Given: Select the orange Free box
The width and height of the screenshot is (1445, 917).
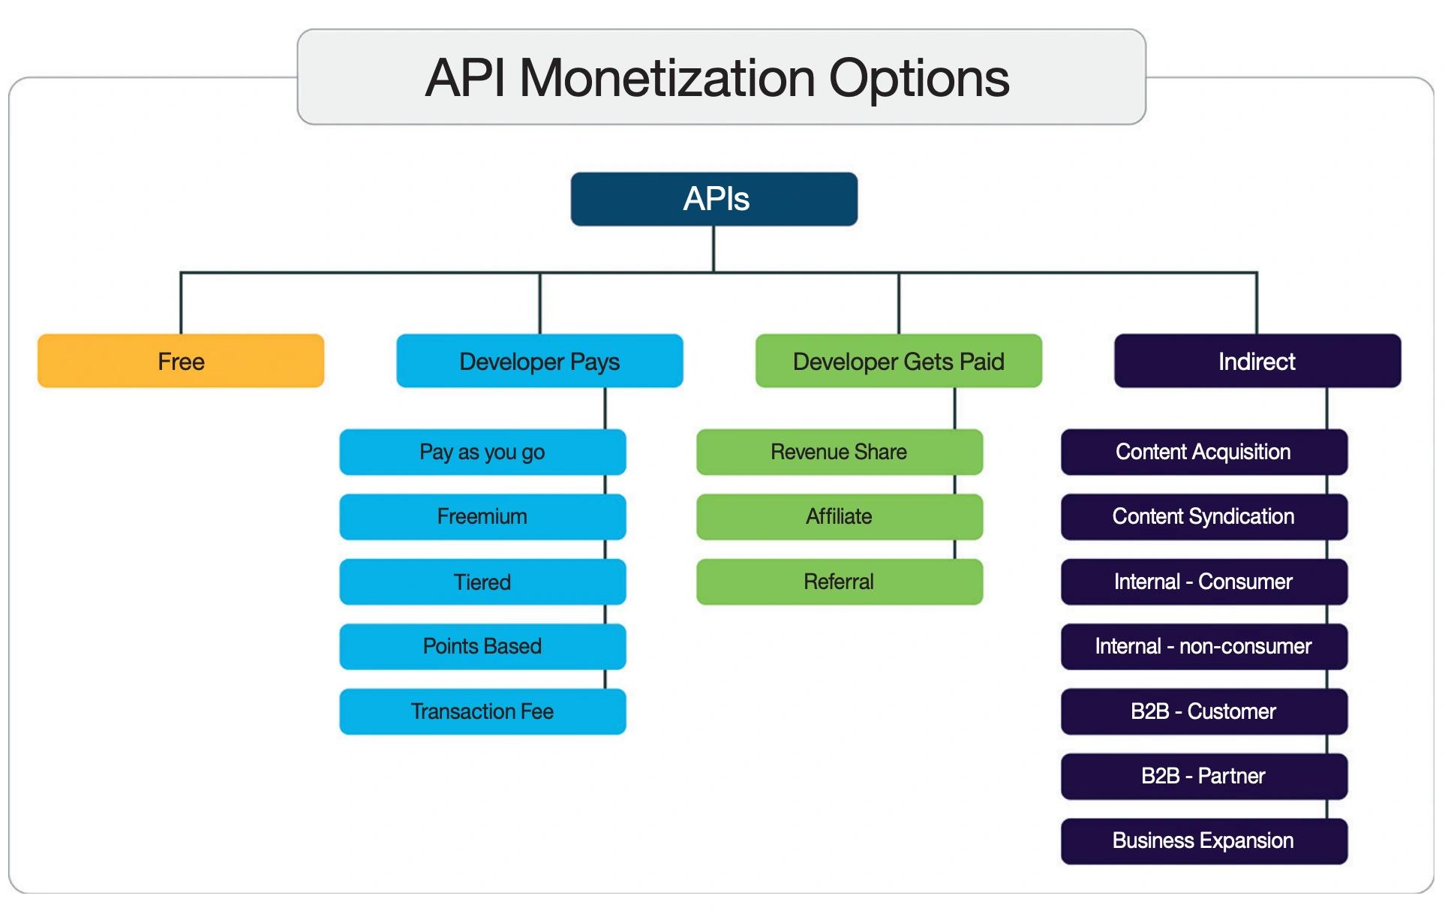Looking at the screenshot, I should coord(181,361).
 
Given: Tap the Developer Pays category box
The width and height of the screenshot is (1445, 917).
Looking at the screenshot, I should coord(539,361).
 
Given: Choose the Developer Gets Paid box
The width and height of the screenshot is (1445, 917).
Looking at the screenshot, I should coord(898,361).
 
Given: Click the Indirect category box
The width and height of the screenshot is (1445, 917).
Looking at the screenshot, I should coord(1257,361).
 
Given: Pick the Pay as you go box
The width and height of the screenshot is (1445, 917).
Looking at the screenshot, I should coord(482,452).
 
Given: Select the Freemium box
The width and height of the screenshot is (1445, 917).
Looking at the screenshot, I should coord(482,516).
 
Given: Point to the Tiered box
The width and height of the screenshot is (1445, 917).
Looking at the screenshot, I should coord(482,582).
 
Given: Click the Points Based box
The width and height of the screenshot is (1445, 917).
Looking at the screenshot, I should coord(482,646).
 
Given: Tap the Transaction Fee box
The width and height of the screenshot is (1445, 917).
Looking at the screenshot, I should coord(482,711).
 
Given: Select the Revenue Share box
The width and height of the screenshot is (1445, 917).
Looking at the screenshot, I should coord(839,452).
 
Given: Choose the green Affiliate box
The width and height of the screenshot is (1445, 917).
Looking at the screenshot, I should coord(839,516).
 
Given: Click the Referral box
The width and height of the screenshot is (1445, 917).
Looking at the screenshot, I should coord(839,582).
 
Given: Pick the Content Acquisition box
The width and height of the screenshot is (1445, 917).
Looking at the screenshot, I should coord(1203,452).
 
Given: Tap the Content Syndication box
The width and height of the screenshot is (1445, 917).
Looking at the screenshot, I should coord(1203,516).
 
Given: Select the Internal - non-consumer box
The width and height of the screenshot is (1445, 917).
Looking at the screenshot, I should coord(1203,646).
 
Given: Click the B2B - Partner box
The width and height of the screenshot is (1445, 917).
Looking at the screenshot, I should coord(1203,776).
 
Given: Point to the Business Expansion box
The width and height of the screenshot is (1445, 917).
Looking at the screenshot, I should coord(1203,840).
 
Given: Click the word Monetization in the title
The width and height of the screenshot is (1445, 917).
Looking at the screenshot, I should coord(667,78).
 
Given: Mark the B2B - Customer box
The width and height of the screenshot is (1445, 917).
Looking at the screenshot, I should coord(1203,711).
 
